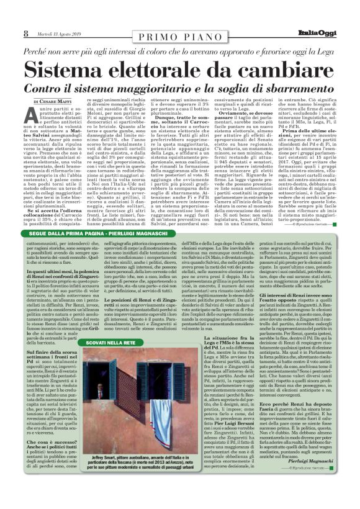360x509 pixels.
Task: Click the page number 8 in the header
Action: pos(25,34)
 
